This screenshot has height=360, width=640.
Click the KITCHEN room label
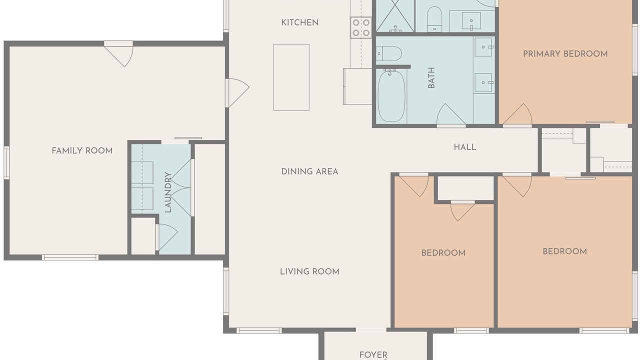pos(299,22)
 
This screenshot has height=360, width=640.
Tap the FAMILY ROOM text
pos(82,150)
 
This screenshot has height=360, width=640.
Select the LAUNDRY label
pos(168,192)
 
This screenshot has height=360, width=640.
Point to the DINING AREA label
pos(309,171)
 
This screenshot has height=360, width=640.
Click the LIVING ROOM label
pos(309,271)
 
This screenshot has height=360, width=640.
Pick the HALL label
pos(465,147)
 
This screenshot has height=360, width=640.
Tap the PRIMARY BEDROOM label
pos(565,54)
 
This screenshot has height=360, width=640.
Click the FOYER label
pos(373,355)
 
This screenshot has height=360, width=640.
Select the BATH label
pos(431,77)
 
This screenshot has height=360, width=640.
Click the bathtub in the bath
pos(391,96)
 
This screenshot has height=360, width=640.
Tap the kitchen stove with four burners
pos(361,27)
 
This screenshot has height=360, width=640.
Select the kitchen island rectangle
pos(291,77)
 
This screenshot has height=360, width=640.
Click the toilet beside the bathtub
pos(389,53)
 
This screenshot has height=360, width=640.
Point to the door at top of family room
pos(118,54)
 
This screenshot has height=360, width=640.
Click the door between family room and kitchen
pos(237,93)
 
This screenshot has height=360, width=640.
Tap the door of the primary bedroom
pos(517,115)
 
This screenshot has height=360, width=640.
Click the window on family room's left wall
pos(6,163)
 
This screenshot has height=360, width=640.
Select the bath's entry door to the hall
pos(451,115)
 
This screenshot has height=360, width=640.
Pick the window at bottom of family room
pos(70,257)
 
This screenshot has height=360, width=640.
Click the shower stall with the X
pos(395,16)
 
